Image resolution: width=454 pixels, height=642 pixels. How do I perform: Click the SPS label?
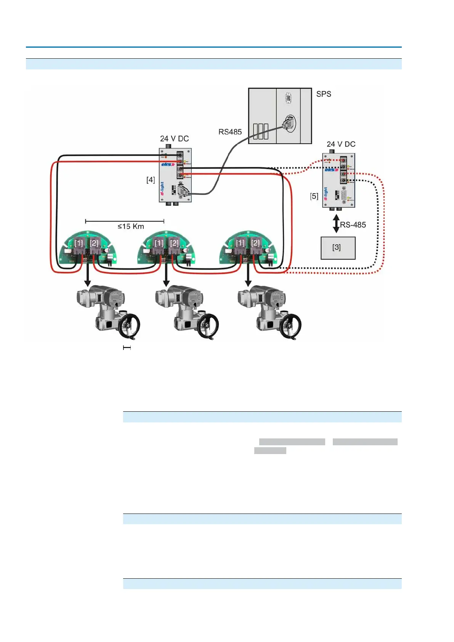point(324,94)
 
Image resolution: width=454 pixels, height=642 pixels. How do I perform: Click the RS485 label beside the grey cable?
point(230,132)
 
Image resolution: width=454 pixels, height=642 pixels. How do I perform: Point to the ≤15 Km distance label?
point(131,226)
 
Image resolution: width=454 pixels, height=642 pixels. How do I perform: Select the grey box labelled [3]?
point(338,248)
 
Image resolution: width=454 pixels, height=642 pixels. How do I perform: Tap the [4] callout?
point(151,180)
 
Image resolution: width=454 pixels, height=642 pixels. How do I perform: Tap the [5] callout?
point(314,196)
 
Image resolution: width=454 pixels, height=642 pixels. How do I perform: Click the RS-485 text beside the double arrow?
point(353,225)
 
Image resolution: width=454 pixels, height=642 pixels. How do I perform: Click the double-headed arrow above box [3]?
point(336,223)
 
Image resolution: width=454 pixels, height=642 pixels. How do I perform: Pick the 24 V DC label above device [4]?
point(174,138)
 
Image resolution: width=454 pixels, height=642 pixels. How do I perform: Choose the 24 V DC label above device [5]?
point(341,144)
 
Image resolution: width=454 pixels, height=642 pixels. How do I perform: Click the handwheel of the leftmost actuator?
point(129,326)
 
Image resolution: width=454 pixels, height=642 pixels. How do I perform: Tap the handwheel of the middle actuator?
point(208,326)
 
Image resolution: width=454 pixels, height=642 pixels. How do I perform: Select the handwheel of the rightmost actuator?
point(290,326)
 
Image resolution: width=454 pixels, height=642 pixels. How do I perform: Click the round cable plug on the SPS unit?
point(289,123)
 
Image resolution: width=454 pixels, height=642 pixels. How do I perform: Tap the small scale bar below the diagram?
point(127,348)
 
